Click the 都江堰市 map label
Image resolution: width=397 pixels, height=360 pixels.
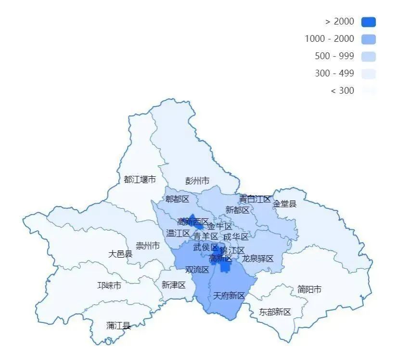pos(140,180)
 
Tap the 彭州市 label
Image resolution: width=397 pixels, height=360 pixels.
pos(197,181)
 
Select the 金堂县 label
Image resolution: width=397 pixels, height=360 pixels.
pos(285,204)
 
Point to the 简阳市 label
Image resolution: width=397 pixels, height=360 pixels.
pos(309,289)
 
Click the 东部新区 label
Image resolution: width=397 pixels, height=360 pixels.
pos(275,312)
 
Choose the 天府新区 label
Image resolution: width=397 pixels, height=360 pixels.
pos(229,296)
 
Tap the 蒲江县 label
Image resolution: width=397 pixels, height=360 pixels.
pos(118,325)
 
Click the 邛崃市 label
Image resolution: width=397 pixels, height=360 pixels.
pos(109,286)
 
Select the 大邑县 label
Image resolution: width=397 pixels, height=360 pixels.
pos(120,254)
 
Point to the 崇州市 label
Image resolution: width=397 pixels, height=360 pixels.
pos(148,246)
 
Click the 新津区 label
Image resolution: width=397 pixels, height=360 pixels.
pos(173,285)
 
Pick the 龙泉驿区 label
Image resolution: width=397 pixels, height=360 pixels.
pos(257,259)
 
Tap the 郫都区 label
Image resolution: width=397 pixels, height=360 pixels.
pos(177,199)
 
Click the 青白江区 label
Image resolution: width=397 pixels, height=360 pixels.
pos(255,199)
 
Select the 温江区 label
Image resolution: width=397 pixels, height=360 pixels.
pos(178,233)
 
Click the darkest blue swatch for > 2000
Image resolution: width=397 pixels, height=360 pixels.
pos(368,22)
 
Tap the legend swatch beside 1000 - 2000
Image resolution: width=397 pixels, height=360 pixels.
pos(368,39)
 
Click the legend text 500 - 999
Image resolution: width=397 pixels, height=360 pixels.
pos(334,56)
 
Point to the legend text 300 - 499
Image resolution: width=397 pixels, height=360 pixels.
pos(334,74)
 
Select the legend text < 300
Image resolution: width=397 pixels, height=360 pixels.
pos(342,91)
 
